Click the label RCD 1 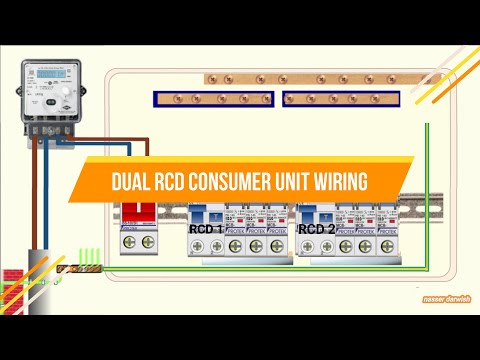click(206, 229)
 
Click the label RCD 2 click(316, 229)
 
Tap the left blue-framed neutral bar click(214, 99)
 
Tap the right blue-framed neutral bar click(341, 99)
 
